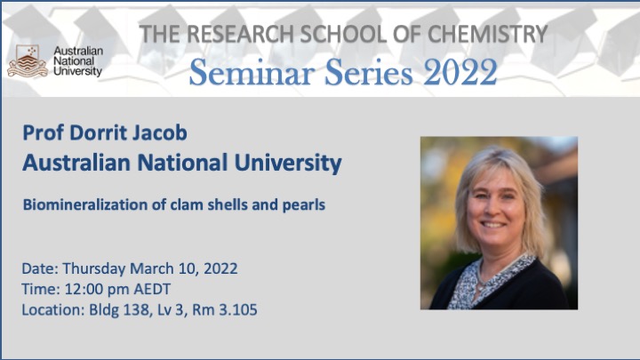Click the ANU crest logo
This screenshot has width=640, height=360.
tap(28, 61)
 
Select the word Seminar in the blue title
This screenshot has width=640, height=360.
tap(252, 72)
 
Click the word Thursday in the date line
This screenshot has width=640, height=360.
tap(94, 269)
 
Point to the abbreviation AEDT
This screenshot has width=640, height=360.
tap(152, 290)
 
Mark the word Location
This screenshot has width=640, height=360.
tap(53, 310)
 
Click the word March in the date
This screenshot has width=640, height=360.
tap(152, 268)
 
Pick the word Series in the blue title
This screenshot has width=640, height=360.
tap(369, 72)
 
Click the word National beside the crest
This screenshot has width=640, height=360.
tap(74, 61)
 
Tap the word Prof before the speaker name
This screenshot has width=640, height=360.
tap(44, 132)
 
